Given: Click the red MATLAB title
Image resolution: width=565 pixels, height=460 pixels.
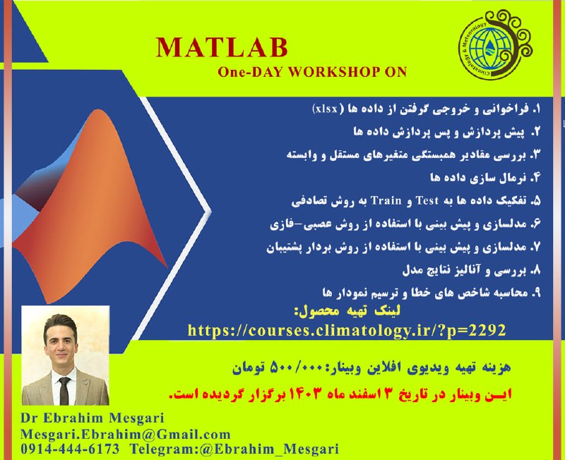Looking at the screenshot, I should pyautogui.click(x=222, y=48).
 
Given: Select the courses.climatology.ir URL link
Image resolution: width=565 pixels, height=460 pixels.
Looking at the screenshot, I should pyautogui.click(x=347, y=329).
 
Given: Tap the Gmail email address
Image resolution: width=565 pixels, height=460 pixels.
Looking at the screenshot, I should pyautogui.click(x=125, y=434).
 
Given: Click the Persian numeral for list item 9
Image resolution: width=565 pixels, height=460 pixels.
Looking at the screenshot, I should pyautogui.click(x=535, y=291).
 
